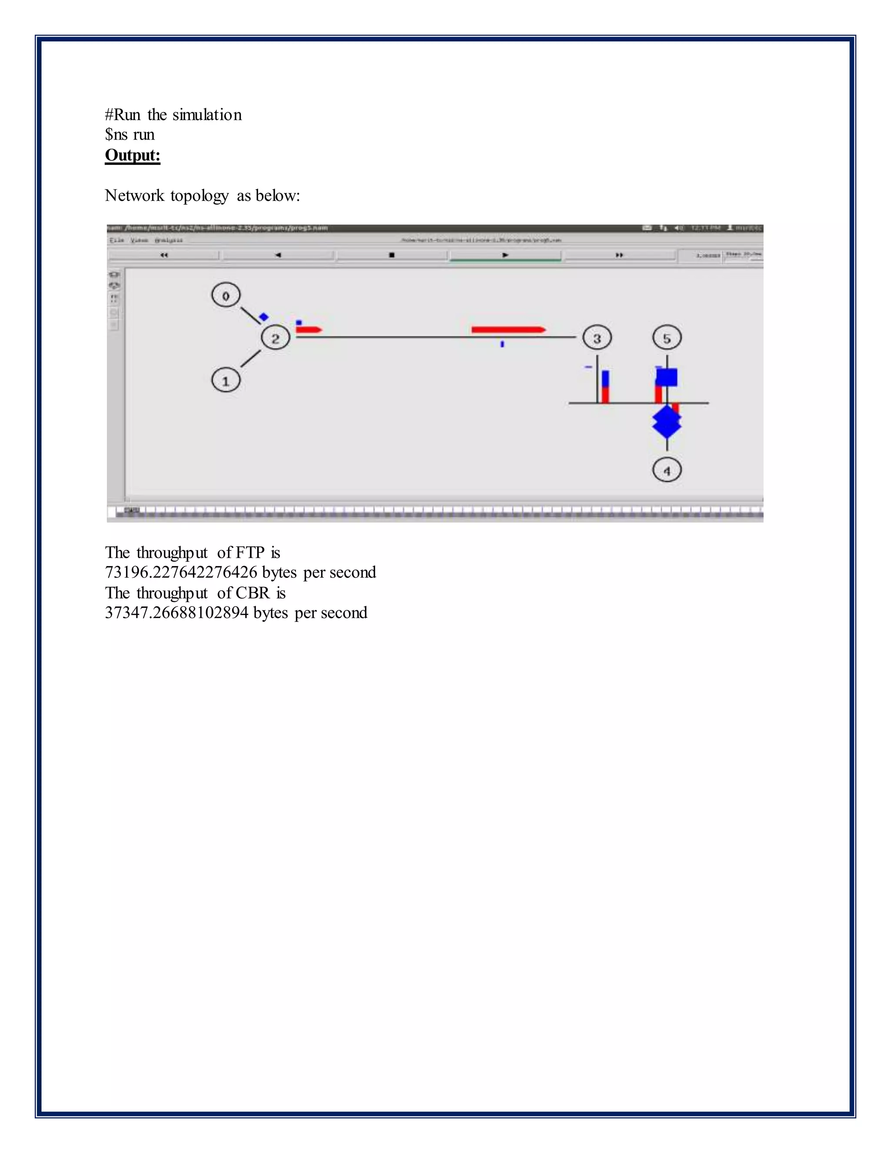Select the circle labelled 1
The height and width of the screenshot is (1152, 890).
coord(226,380)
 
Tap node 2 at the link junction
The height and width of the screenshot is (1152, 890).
coord(275,338)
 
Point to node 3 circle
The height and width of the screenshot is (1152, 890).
coord(597,338)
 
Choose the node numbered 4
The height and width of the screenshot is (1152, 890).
coord(667,470)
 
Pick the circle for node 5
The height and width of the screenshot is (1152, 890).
coord(667,338)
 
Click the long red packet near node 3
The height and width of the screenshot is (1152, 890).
coord(508,330)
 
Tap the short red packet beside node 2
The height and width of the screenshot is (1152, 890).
coord(309,330)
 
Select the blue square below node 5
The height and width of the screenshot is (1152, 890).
coord(667,377)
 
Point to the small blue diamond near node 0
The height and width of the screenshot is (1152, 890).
coord(264,317)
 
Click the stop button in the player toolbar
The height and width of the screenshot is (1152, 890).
coord(392,255)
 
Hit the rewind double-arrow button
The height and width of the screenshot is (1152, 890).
coord(164,255)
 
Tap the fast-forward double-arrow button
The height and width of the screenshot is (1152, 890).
coord(620,255)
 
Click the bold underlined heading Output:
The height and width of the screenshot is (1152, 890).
coord(133,155)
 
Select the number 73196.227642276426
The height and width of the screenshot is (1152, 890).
coord(181,573)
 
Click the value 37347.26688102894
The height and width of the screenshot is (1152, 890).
coord(176,613)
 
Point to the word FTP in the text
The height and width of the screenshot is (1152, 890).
coord(250,552)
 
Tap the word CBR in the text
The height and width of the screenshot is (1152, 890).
coord(252,593)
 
